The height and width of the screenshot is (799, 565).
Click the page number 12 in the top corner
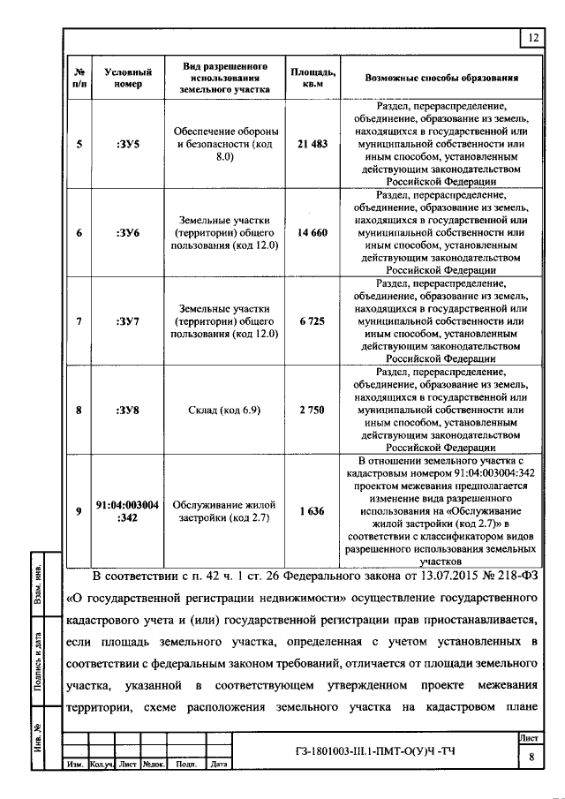coord(533,38)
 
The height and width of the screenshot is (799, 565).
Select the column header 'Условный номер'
coord(128,78)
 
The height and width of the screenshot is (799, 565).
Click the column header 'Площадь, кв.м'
coord(312,78)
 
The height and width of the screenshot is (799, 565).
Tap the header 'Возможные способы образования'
coord(441,78)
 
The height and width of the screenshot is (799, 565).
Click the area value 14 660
coord(313,232)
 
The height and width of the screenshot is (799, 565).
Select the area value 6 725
coord(313,321)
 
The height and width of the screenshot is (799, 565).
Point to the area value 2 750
coord(313,410)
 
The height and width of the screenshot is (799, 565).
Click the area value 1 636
coord(313,510)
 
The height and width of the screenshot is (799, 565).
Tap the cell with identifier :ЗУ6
coord(128,232)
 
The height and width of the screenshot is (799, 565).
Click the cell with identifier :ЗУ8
coord(128,410)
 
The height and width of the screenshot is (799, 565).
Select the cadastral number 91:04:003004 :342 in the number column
coord(128,510)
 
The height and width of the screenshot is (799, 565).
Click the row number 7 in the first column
coord(79,321)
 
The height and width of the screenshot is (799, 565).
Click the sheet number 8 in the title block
coord(531,756)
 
